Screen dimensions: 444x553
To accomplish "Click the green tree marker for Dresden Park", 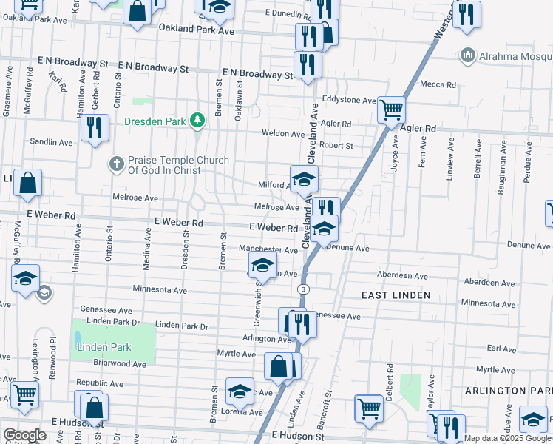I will pos(197,119).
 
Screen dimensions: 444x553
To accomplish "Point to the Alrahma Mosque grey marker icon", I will pos(467,55).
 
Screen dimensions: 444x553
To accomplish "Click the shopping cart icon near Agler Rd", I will pos(391,110).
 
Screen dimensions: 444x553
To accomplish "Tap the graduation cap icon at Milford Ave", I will pos(303,180).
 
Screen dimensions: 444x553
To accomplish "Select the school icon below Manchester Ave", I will pos(262,264).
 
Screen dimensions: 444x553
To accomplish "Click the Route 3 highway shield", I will pos(302,288).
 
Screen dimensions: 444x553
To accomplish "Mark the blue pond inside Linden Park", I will pos(78,340).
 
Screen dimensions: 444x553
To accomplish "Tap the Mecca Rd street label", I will pos(437,84).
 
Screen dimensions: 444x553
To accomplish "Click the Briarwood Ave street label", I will pos(121,363).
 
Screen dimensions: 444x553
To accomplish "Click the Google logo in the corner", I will pos(24,435).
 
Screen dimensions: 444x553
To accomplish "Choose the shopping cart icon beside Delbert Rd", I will pos(368,407).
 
